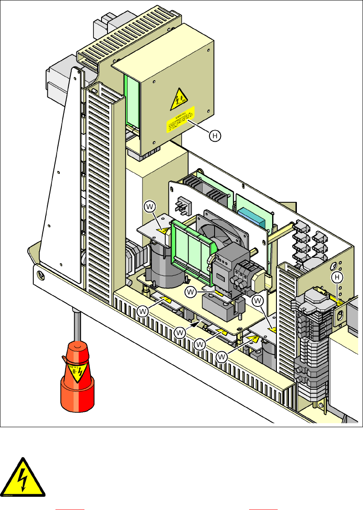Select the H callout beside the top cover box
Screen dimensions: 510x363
[216, 136]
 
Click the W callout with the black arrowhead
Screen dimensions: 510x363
[181, 332]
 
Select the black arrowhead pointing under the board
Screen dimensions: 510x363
[197, 324]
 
